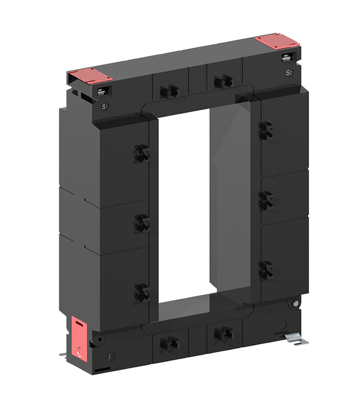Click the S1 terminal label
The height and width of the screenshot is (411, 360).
tap(104, 107)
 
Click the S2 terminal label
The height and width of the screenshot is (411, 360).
tap(289, 73)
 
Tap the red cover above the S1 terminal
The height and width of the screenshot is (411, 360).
tap(91, 77)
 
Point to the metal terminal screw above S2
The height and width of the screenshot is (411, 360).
tap(287, 58)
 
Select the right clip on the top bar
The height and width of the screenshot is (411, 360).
tap(223, 81)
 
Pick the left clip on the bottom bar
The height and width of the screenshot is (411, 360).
tap(169, 344)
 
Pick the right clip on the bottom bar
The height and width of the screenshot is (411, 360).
tap(223, 333)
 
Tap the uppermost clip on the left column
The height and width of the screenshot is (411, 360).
tap(141, 153)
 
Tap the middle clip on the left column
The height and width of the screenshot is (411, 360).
tap(141, 222)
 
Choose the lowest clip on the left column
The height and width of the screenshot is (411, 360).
tap(141, 292)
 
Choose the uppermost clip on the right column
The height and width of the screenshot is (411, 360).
tap(265, 130)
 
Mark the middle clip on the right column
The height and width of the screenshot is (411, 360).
tap(265, 200)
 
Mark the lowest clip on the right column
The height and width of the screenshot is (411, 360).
tap(265, 269)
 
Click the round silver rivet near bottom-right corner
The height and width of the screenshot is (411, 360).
tap(296, 304)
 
